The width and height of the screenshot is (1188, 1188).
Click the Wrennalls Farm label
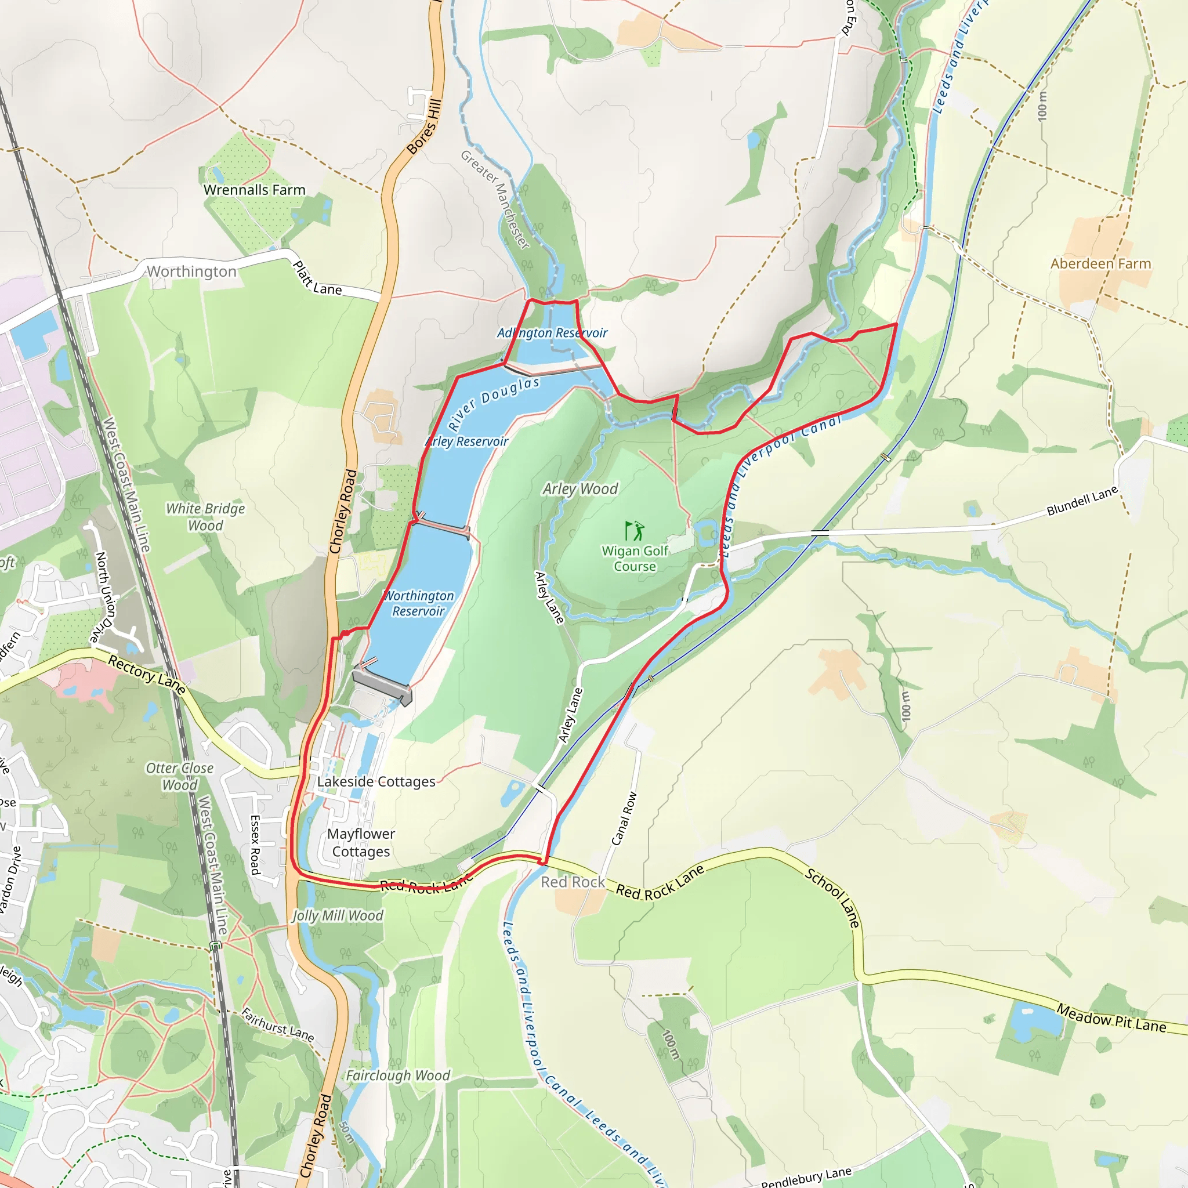coord(254,190)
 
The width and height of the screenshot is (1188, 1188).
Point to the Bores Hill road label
coord(424,126)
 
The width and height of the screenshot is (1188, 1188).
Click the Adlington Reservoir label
coord(552,332)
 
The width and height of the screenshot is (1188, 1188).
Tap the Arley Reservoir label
coord(468,441)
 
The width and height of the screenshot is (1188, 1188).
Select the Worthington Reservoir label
coord(418,603)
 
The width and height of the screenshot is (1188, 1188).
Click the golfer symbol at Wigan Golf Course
coord(634,530)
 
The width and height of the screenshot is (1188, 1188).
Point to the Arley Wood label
coord(580,489)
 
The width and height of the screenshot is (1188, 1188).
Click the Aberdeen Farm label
coord(1100,264)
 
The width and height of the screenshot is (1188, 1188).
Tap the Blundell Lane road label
coord(1082,501)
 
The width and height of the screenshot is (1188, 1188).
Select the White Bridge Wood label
coord(205,516)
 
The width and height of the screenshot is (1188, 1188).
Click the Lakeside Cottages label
coord(376,781)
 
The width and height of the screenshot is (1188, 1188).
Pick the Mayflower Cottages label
coord(361,842)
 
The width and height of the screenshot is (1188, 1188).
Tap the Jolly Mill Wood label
coord(337,915)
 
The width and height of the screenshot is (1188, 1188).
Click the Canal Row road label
coord(624,819)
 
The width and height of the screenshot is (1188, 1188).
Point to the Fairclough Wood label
coord(398,1075)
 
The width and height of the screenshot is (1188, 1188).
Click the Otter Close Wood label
coord(180,776)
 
